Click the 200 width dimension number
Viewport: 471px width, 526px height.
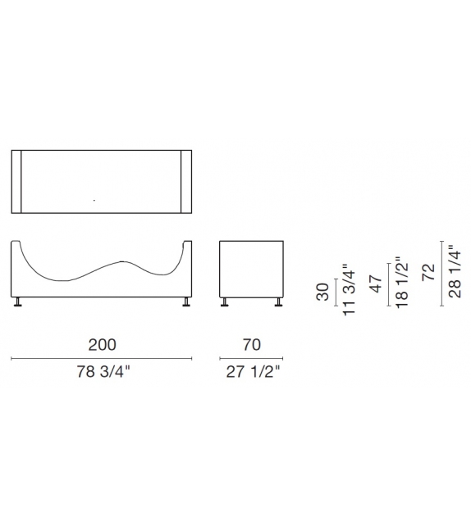tap(102, 344)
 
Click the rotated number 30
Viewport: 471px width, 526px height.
tap(323, 291)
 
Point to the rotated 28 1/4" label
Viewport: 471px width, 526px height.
tap(455, 273)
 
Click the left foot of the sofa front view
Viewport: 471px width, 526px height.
tap(17, 304)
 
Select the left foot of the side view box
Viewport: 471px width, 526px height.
tap(226, 304)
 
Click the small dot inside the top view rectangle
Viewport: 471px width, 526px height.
tap(94, 200)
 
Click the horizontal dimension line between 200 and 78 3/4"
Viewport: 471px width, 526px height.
tap(102, 359)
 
